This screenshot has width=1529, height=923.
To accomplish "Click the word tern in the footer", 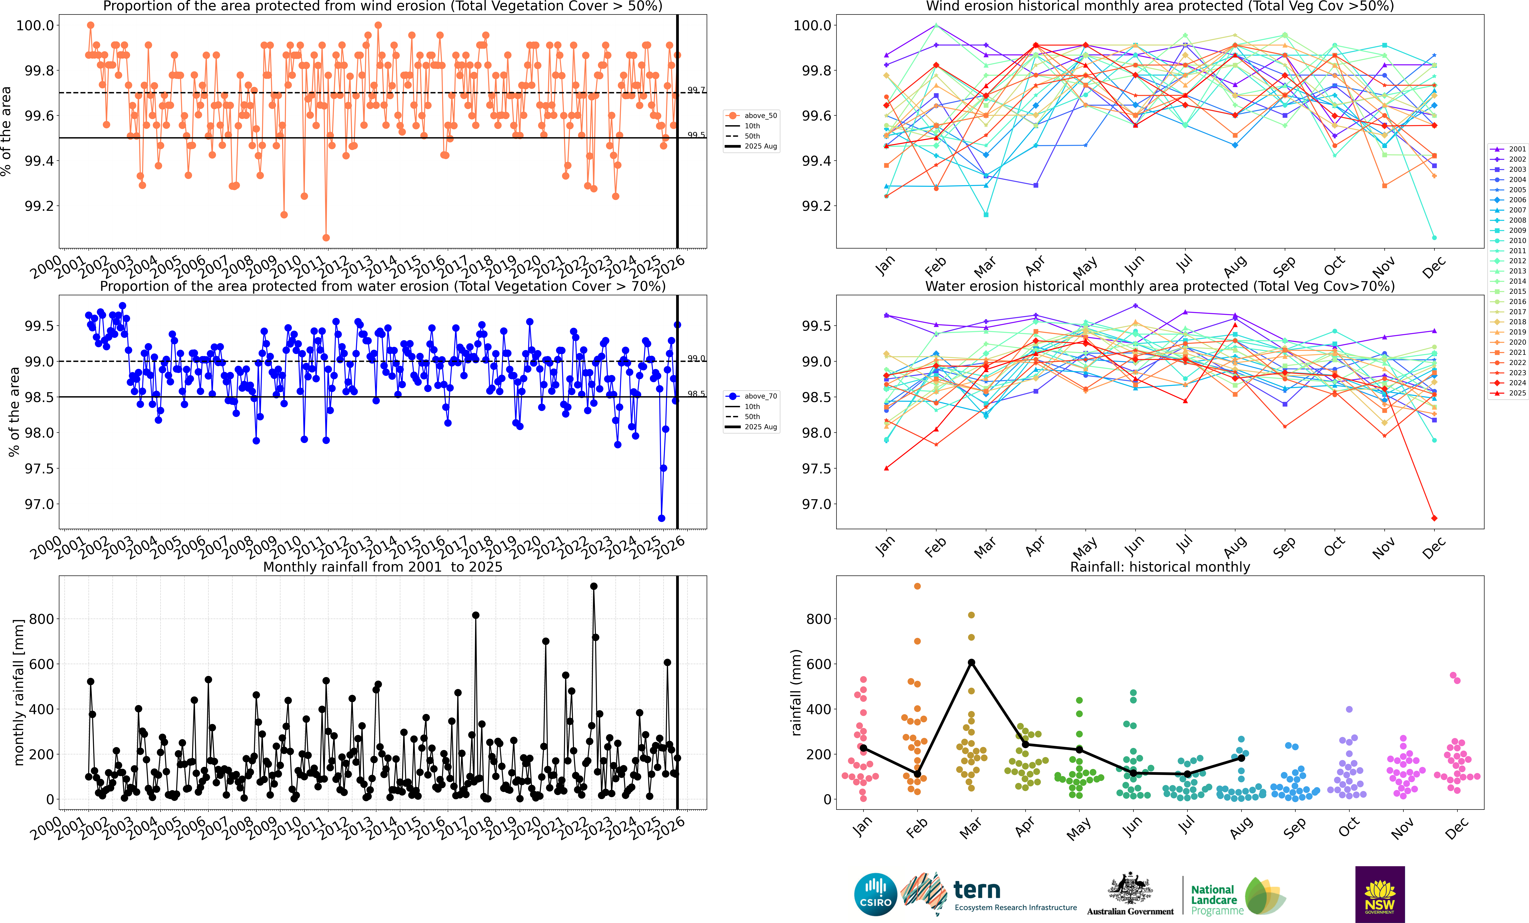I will pos(977,890).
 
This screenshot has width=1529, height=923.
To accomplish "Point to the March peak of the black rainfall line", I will pos(971,662).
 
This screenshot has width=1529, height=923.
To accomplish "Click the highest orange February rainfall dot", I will pos(917,586).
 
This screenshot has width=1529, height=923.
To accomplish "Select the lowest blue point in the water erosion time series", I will pos(662,518).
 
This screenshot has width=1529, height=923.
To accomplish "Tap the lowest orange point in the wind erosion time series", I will pos(326,238).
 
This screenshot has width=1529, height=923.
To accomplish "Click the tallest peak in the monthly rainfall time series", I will pos(594,586).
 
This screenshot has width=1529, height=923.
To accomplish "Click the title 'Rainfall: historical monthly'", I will pos(1160,567).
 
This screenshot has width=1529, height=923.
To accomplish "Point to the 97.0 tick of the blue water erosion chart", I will pos(39,504).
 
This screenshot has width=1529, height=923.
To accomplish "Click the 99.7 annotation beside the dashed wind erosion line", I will pos(696,90).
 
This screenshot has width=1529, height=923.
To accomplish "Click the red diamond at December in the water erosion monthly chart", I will pos(1434,518).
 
